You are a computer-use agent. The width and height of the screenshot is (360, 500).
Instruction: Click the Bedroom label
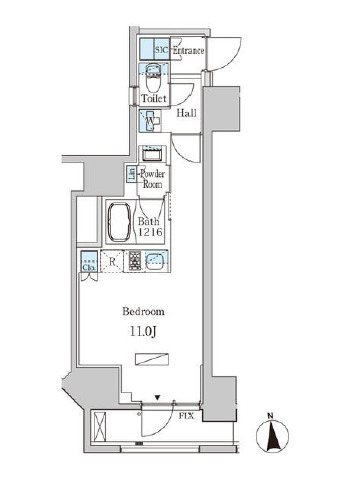(x=143, y=312)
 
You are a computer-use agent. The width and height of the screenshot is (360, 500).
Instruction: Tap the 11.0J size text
(x=143, y=332)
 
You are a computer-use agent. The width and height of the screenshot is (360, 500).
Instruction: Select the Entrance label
(x=188, y=51)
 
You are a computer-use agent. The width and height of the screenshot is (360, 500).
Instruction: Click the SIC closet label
(x=162, y=51)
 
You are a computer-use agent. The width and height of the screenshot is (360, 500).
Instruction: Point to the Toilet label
(x=154, y=98)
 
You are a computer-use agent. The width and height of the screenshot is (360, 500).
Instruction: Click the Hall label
(x=186, y=113)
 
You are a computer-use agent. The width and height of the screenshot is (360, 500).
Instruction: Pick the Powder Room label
(x=152, y=179)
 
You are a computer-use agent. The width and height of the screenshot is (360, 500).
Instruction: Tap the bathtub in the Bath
(x=119, y=222)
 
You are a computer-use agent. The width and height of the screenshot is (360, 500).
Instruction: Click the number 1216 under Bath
(x=150, y=232)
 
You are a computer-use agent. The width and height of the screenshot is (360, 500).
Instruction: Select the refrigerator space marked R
(x=112, y=262)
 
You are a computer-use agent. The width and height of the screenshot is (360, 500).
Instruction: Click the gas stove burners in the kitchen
(x=134, y=260)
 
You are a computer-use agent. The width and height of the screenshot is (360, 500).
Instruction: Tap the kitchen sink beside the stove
(x=155, y=260)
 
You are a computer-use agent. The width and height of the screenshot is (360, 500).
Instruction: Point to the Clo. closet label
(x=89, y=268)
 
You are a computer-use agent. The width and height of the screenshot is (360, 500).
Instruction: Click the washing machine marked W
(x=149, y=121)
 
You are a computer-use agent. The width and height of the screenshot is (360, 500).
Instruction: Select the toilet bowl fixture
(x=154, y=79)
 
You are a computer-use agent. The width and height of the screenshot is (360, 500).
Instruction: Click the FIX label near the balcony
(x=187, y=416)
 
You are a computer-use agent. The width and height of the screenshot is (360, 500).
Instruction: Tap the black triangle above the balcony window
(x=158, y=397)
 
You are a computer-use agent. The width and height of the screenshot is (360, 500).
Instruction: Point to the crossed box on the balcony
(x=99, y=427)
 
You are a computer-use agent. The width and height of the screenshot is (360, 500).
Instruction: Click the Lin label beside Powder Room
(x=132, y=174)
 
